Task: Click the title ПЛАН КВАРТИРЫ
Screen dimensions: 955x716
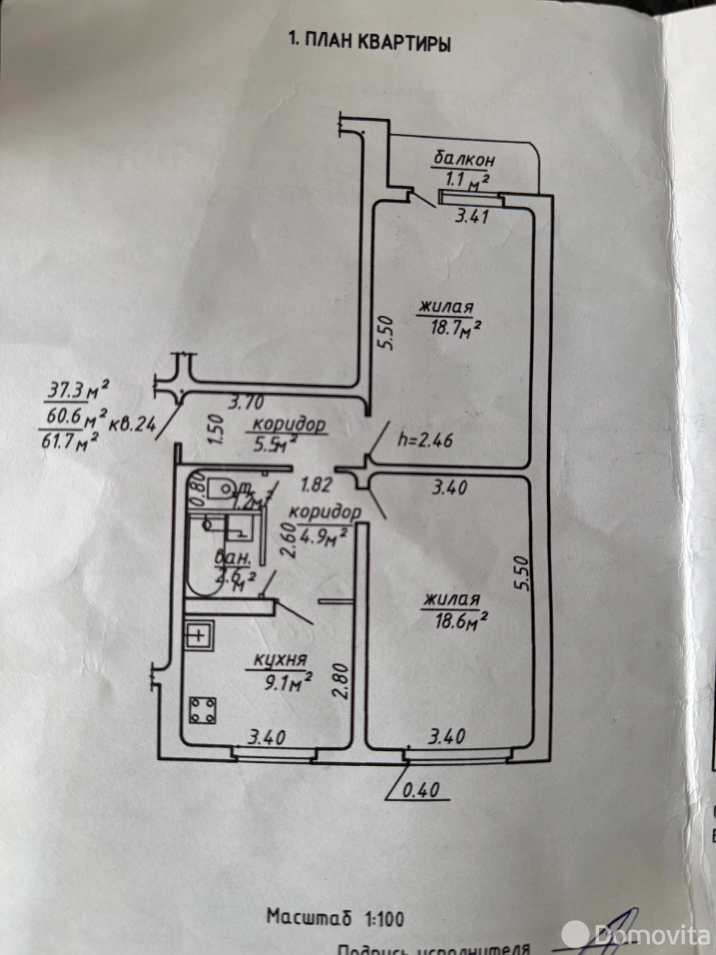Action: pyautogui.click(x=369, y=42)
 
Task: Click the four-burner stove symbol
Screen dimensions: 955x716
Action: pyautogui.click(x=202, y=710)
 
